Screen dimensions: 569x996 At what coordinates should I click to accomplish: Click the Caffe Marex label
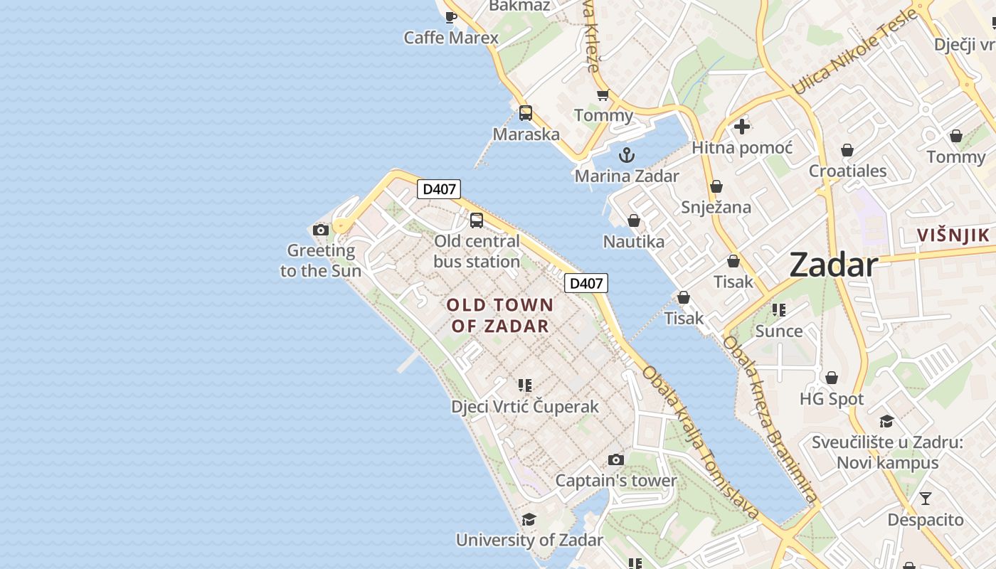451,38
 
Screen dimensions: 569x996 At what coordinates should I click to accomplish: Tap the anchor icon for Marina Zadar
626,155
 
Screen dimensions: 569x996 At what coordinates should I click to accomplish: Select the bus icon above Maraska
526,112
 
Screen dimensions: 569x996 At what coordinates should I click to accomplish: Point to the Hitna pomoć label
742,148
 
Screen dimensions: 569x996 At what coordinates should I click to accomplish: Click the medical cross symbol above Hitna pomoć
742,127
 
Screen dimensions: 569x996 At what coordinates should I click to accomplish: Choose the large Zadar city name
833,265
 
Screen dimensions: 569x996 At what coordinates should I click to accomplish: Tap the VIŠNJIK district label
953,235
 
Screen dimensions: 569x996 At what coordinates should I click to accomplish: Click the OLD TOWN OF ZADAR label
500,315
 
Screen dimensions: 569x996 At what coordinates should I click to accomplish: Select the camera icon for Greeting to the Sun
321,230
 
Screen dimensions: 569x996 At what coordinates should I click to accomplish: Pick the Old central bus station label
477,251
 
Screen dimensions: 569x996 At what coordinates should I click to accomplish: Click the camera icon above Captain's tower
616,460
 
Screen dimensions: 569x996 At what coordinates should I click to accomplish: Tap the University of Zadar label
529,540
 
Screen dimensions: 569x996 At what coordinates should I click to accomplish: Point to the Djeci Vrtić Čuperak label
525,407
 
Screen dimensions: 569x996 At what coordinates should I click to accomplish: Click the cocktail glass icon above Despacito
925,498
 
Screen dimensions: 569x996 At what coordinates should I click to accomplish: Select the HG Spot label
832,399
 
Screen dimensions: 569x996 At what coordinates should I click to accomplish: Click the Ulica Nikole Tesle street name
854,53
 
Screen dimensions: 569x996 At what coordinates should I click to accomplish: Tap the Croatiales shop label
847,171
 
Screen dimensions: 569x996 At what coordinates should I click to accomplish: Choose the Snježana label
716,207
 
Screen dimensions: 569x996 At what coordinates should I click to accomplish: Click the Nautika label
633,242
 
